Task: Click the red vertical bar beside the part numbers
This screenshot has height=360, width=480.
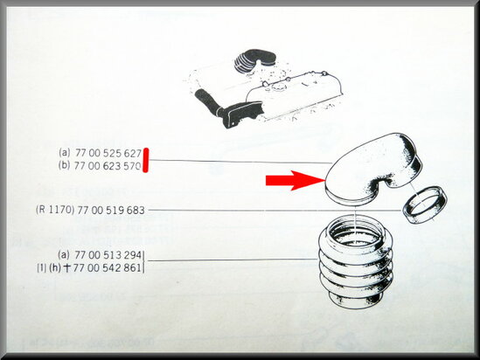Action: pyautogui.click(x=148, y=159)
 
